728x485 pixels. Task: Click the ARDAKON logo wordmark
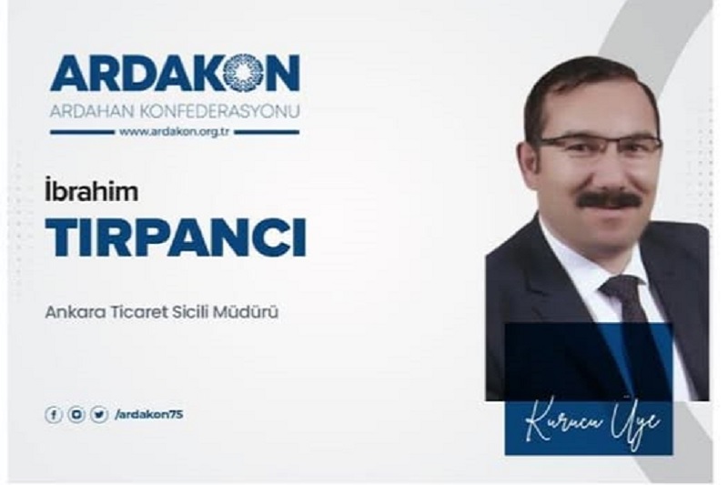click(x=175, y=73)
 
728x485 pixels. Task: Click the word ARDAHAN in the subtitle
click(x=92, y=111)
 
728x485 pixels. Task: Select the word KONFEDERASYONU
click(x=218, y=111)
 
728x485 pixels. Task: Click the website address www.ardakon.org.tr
click(x=175, y=132)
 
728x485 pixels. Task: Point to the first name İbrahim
click(x=92, y=191)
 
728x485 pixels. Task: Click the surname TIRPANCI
click(x=176, y=237)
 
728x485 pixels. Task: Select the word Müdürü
click(x=246, y=312)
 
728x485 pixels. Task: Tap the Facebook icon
click(x=54, y=414)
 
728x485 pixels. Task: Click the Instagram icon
click(x=76, y=414)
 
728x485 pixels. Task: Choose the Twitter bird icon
click(x=99, y=414)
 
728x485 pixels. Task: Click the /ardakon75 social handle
click(x=149, y=414)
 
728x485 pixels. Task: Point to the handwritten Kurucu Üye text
click(x=592, y=426)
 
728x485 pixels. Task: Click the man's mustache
click(x=609, y=199)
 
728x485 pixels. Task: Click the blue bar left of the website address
click(x=82, y=132)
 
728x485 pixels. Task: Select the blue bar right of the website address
click(x=267, y=132)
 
